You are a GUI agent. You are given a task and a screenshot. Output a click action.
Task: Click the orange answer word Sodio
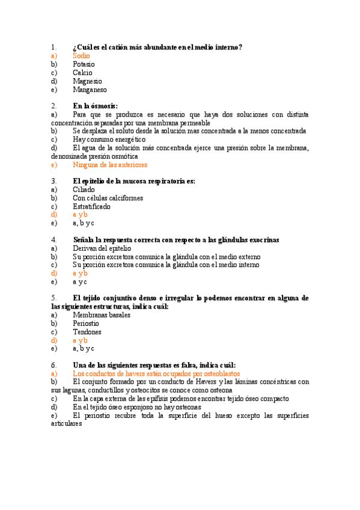point(81,55)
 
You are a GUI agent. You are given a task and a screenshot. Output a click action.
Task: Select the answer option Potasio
point(84,64)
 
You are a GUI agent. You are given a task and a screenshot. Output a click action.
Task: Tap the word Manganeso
point(90,90)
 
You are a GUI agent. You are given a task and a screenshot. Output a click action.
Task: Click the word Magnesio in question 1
point(87,81)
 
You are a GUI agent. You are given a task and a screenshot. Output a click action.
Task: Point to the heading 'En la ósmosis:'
point(95,105)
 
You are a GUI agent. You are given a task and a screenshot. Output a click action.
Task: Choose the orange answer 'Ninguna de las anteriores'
point(109,164)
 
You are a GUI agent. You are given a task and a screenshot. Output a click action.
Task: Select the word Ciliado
point(84,189)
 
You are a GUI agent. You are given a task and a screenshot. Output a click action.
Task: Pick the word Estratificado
point(91,206)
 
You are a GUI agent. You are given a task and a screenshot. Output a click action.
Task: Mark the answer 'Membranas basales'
point(101,315)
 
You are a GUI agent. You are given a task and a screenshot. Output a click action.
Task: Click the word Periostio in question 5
point(86,323)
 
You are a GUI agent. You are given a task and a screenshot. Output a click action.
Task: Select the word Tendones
point(87,331)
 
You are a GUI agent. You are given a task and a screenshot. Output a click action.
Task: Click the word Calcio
point(82,73)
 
